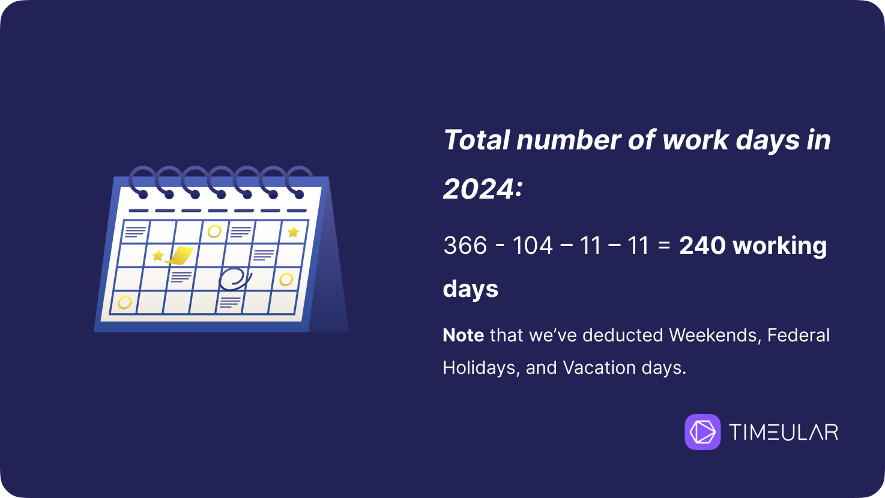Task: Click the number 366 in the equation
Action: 465,245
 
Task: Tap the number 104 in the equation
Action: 532,245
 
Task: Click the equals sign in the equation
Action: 665,245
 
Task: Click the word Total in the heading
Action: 477,140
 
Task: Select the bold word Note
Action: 464,335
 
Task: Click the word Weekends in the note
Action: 715,335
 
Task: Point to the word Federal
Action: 799,335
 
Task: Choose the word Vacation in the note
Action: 599,368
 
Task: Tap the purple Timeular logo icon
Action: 702,431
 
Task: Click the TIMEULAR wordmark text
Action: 784,431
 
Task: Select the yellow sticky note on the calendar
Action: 180,255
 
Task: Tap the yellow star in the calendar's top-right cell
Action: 293,232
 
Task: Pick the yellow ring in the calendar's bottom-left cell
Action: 125,302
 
